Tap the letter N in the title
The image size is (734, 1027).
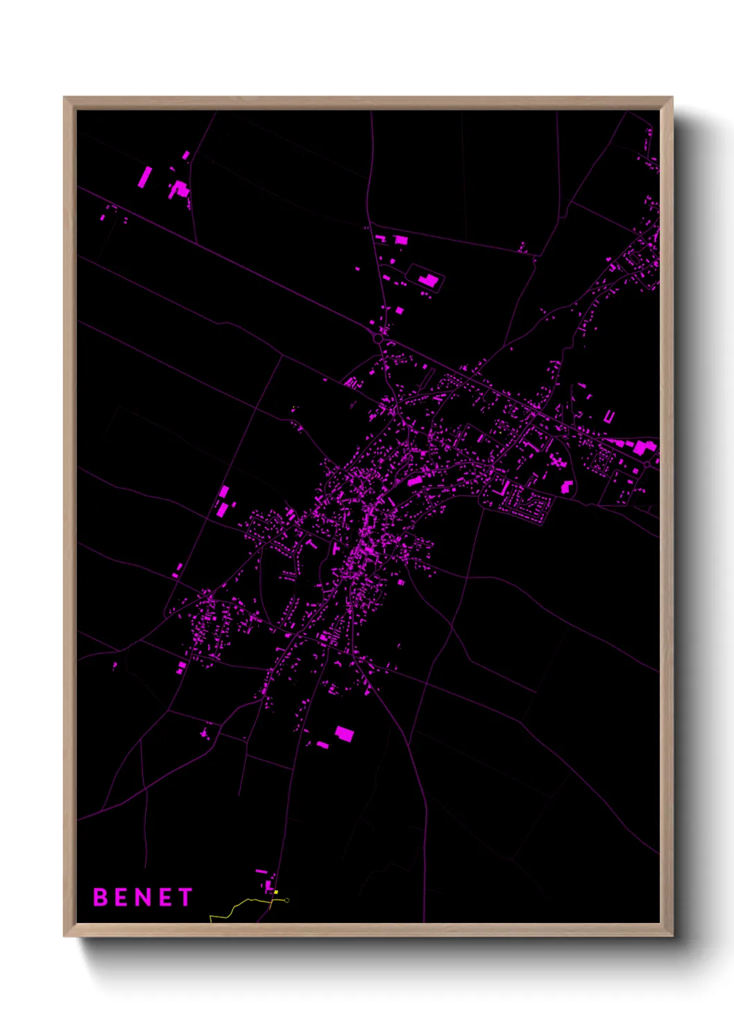[144, 897]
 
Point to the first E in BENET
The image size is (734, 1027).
[122, 897]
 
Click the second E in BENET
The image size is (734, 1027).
[165, 897]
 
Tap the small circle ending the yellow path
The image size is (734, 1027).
[287, 901]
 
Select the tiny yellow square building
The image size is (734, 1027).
[276, 892]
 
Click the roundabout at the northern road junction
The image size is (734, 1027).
[378, 339]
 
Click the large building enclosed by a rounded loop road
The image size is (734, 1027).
[429, 280]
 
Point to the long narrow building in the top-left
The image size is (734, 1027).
[144, 177]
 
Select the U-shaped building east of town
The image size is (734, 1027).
[609, 417]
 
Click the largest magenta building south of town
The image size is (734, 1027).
[344, 733]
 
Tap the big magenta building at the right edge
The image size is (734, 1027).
[642, 448]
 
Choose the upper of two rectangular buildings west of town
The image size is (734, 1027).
[223, 492]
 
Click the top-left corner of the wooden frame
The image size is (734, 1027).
[65, 98]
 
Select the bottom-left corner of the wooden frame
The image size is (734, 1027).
[65, 935]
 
